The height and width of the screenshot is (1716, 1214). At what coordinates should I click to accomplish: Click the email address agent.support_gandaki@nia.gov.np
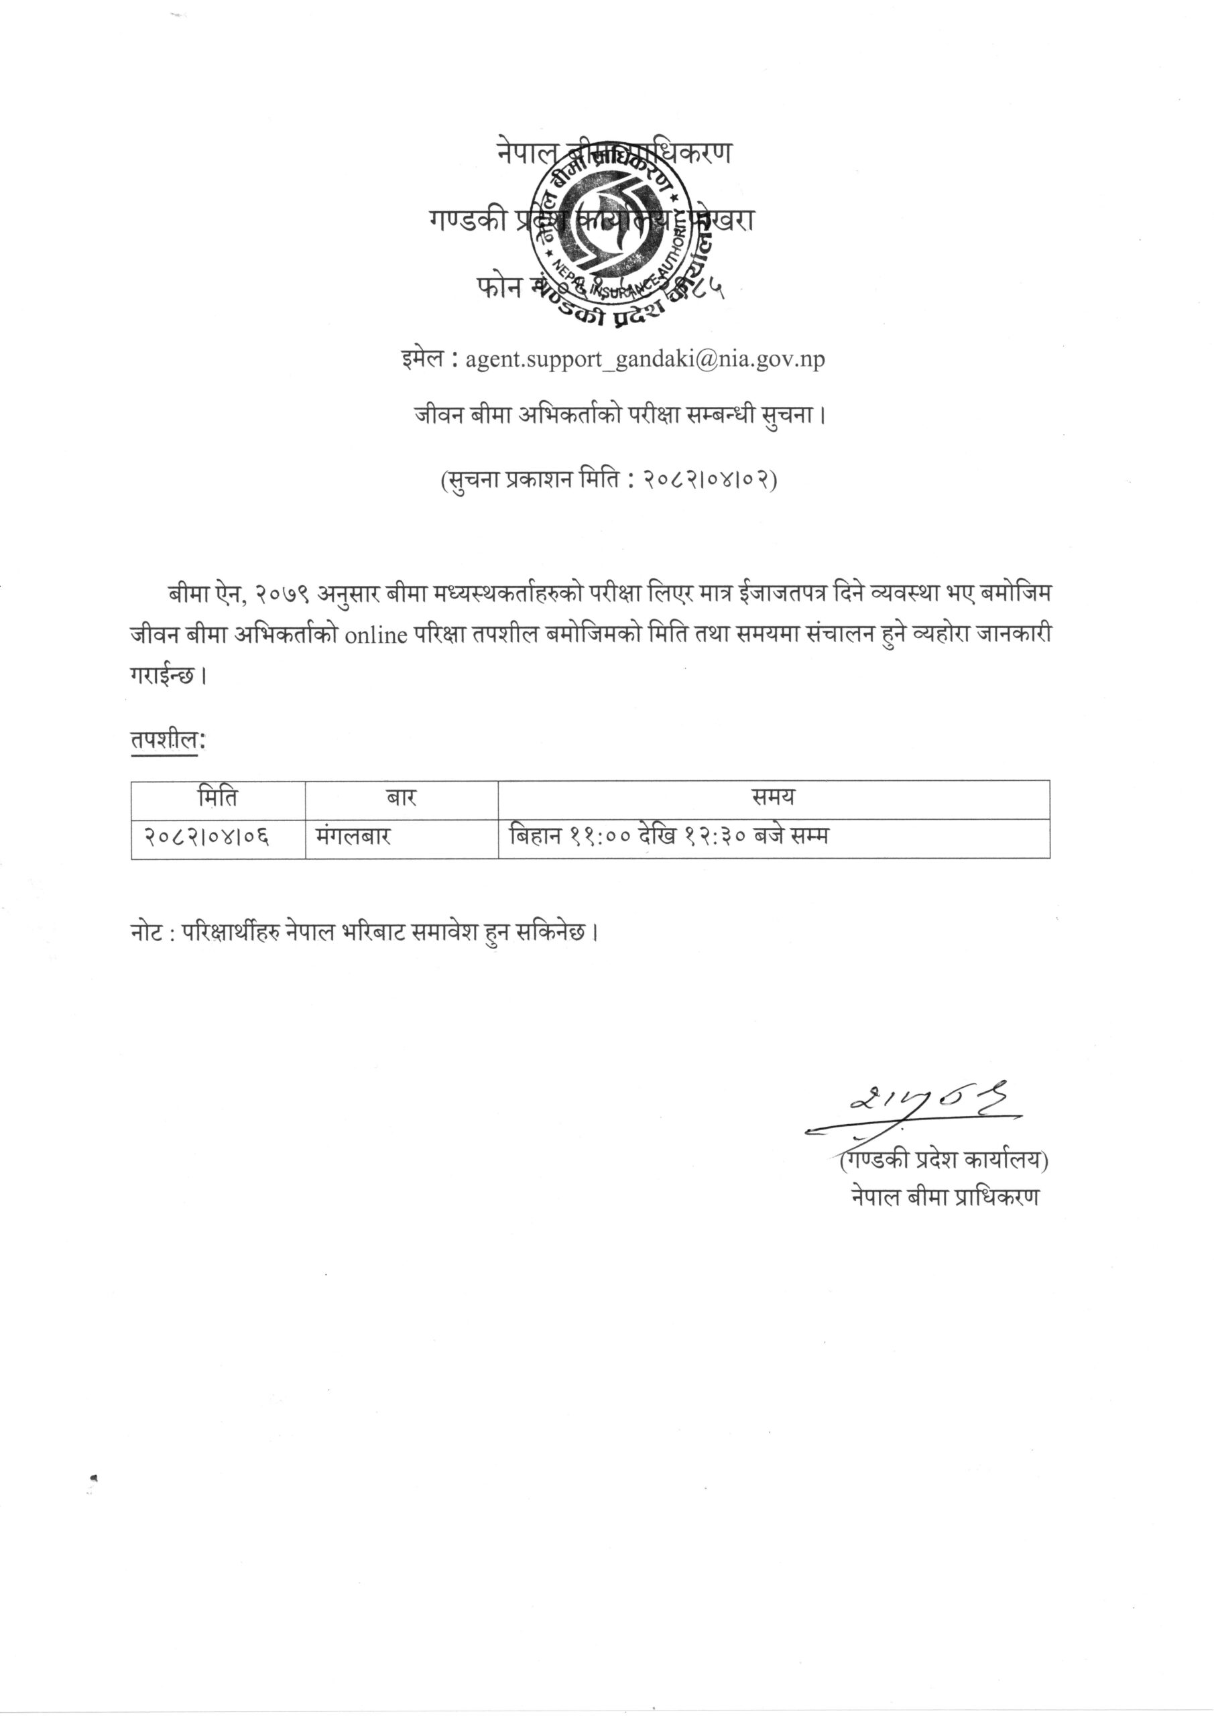pyautogui.click(x=645, y=359)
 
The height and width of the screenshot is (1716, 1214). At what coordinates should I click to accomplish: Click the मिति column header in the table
pyautogui.click(x=218, y=798)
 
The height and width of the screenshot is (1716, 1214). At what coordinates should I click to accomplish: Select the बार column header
pyautogui.click(x=401, y=798)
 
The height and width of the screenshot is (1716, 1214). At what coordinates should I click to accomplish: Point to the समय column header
pyautogui.click(x=773, y=798)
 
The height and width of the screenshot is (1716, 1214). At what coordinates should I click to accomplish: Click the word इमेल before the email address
pyautogui.click(x=424, y=359)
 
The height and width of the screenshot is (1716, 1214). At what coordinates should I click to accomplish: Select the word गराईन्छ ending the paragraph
pyautogui.click(x=163, y=676)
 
